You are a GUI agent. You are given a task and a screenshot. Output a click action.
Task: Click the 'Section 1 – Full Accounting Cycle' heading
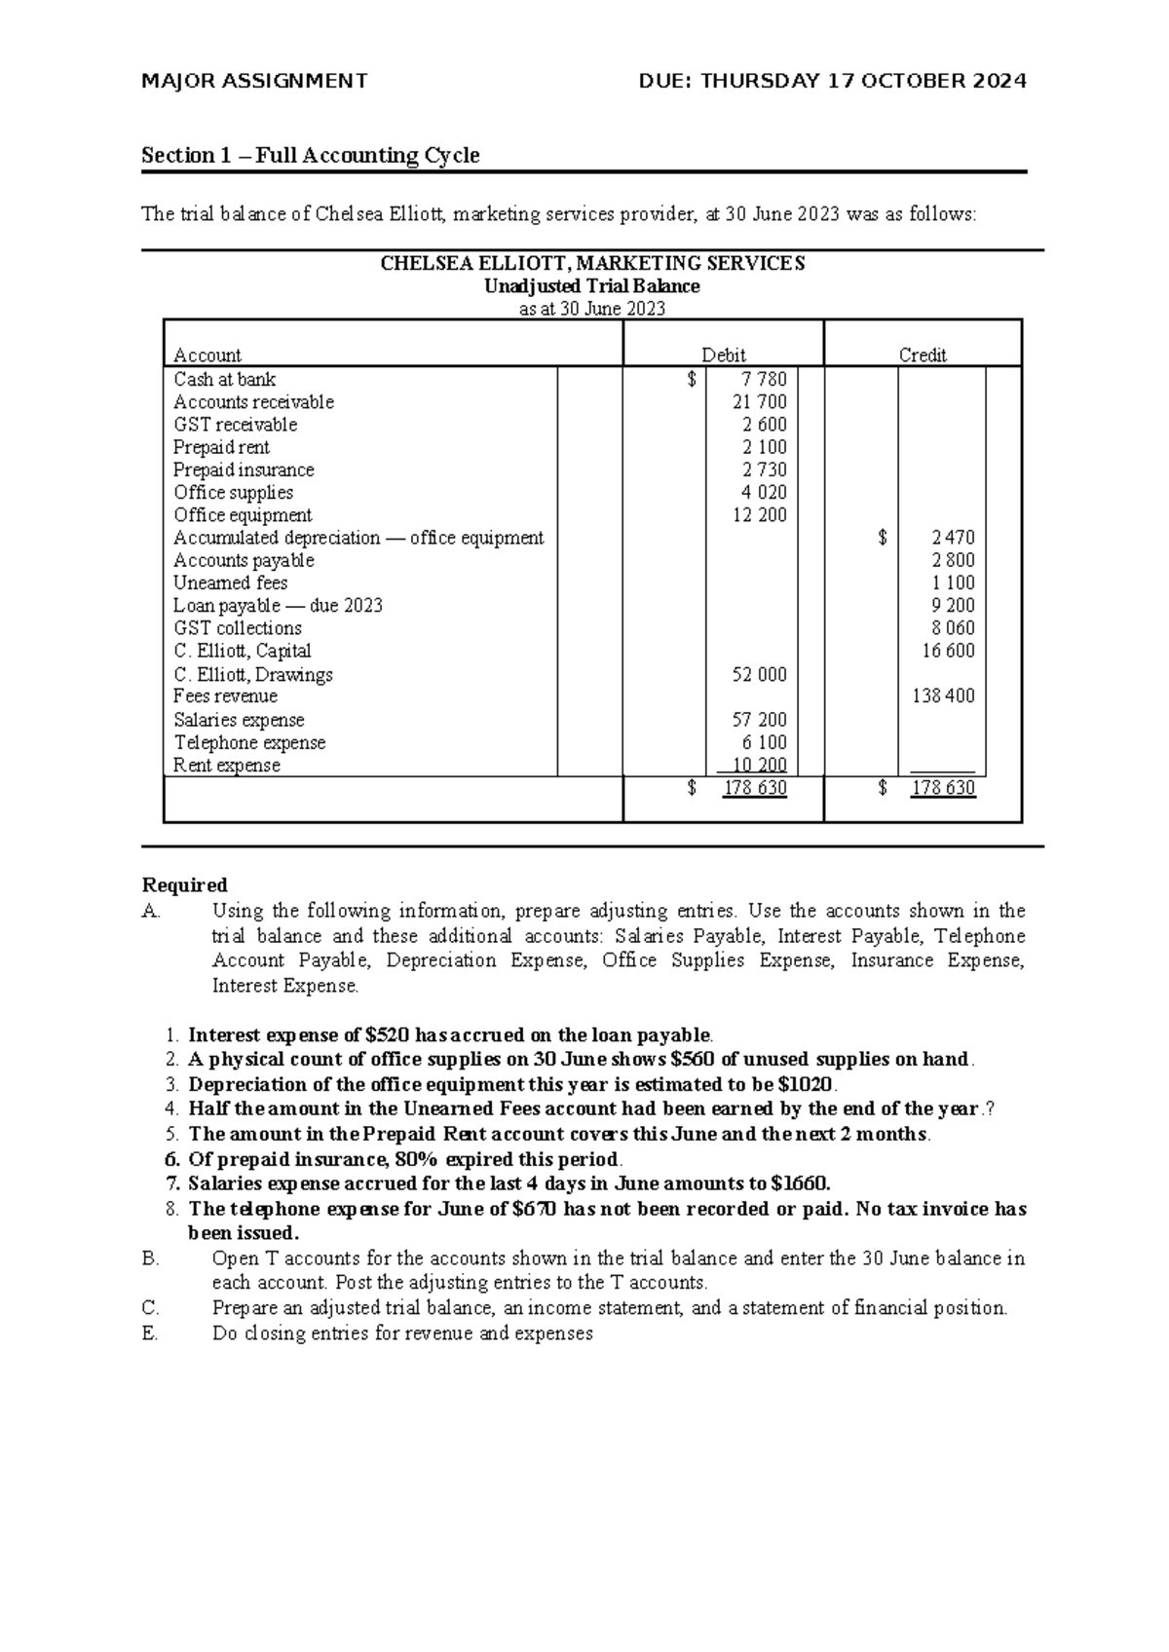(x=310, y=156)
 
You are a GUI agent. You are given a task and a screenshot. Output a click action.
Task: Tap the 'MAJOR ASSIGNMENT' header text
(x=254, y=82)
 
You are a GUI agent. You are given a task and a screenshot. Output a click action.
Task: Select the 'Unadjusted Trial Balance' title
(x=592, y=286)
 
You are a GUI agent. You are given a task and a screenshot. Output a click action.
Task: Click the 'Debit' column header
(x=724, y=356)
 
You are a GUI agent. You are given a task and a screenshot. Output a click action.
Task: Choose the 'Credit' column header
(x=923, y=356)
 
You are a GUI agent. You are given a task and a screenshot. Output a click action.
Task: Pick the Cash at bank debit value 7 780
(x=763, y=380)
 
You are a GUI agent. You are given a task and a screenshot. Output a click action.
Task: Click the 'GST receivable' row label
(x=235, y=425)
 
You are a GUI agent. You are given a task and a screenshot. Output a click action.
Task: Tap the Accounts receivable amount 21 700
(x=759, y=402)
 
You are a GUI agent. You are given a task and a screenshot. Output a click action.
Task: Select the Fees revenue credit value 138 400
(x=943, y=696)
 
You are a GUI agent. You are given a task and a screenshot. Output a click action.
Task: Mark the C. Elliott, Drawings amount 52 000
(x=759, y=675)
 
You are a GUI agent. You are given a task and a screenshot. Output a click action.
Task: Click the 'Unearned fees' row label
(x=230, y=582)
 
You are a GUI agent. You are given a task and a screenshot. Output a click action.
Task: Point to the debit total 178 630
(x=754, y=788)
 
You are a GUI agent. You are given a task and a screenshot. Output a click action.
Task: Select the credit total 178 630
(x=942, y=788)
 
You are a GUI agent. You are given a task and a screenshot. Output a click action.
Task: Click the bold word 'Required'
(x=184, y=885)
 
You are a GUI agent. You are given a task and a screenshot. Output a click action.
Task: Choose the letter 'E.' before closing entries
(x=149, y=1333)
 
